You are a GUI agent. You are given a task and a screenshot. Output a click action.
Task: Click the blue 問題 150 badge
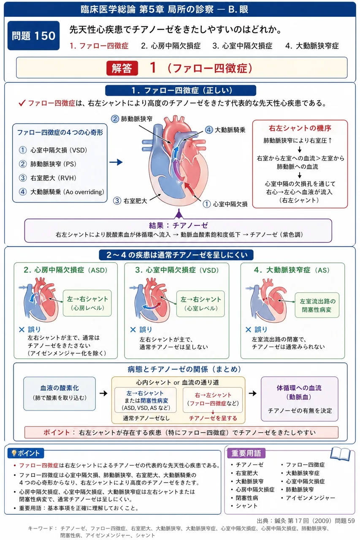pos(33,36)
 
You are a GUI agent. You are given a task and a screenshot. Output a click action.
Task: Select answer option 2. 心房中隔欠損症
pos(171,46)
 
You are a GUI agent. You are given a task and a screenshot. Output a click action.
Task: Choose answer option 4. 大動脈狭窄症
pos(312,46)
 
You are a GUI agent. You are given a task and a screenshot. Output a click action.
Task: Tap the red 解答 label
pos(122,68)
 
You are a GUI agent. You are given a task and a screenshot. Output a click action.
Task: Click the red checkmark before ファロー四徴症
pos(22,103)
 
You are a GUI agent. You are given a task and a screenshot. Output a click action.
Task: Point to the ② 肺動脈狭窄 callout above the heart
pos(132,119)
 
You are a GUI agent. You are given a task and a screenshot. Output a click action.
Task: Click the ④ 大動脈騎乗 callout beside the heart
pos(225,130)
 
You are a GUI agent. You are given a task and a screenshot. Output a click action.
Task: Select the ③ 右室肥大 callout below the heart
pos(130,200)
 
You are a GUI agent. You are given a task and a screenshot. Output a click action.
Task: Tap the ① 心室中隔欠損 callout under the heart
pos(225,204)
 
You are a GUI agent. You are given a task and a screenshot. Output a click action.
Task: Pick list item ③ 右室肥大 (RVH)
pos(48,178)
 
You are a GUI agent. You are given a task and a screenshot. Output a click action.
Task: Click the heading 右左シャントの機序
pos(300,128)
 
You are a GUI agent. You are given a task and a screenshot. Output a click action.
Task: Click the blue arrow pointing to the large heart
pos(116,162)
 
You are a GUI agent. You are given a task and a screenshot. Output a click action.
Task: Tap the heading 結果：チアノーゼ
pos(179,225)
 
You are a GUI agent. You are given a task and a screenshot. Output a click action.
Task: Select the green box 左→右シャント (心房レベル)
pos(87,303)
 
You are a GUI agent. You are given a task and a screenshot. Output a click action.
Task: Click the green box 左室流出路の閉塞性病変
pos(317,305)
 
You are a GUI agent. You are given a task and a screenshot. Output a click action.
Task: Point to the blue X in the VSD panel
pos(133,329)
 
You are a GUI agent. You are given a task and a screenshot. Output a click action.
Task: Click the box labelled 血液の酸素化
pos(60,394)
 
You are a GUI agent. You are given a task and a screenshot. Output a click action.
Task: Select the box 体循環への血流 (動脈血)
pos(300,399)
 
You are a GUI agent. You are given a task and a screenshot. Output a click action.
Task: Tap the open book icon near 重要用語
pos(340,454)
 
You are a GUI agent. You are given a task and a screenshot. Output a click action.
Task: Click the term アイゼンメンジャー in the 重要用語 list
pos(311,497)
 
